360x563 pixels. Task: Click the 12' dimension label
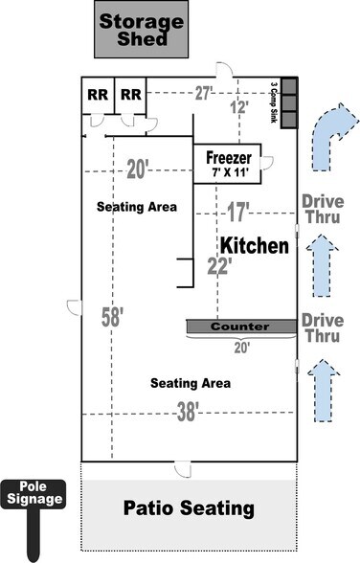tap(237, 107)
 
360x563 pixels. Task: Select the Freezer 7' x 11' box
tap(229, 164)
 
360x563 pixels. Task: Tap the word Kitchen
tap(255, 246)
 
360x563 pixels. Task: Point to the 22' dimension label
tap(219, 267)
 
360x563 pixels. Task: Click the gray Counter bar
tap(240, 327)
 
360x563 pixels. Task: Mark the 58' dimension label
tap(113, 317)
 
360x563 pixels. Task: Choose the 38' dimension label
tap(189, 412)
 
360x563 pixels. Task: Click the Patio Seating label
tap(189, 507)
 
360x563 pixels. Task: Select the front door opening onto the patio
tap(177, 467)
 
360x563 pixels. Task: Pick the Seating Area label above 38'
tap(191, 383)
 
